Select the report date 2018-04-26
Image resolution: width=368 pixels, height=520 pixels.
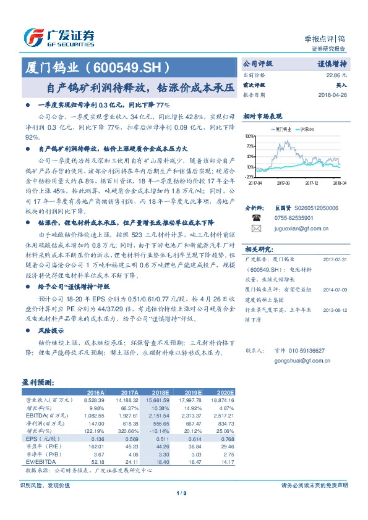click(332, 95)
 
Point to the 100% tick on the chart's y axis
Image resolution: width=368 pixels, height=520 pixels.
click(248, 136)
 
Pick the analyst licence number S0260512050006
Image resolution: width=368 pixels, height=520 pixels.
click(312, 209)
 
